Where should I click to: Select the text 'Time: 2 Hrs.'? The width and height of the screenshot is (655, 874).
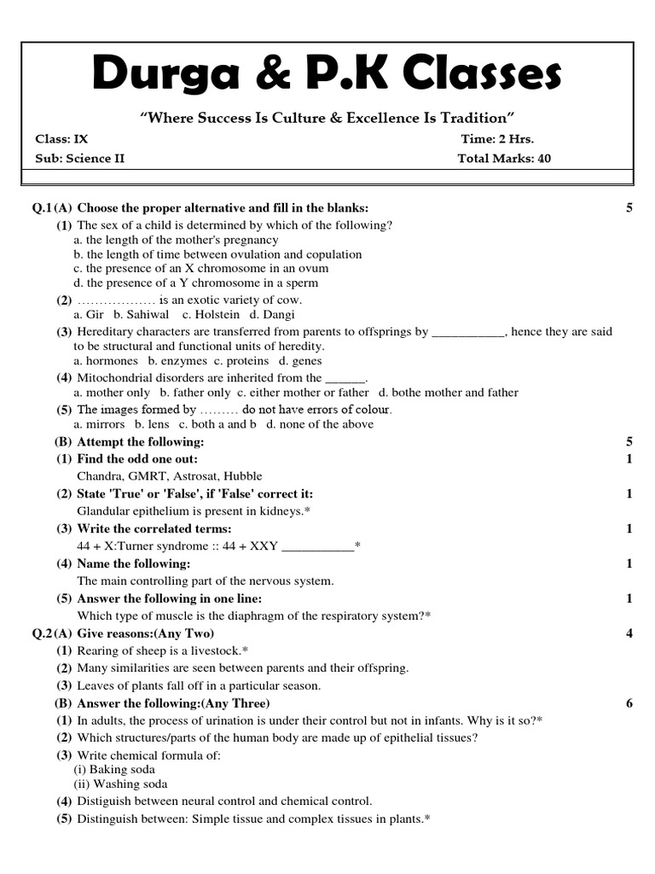click(x=497, y=139)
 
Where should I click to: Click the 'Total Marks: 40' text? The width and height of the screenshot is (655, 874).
click(x=504, y=158)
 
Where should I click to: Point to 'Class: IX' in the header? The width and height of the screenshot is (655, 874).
click(x=61, y=139)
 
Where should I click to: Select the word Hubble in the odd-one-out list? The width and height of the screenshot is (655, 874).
click(x=242, y=476)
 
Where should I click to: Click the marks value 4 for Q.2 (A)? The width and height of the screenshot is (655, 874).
click(x=629, y=633)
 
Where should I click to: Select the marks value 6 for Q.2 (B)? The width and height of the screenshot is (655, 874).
click(x=629, y=703)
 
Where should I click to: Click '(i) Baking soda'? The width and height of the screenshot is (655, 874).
click(x=113, y=770)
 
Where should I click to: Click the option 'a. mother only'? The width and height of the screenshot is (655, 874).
click(x=112, y=393)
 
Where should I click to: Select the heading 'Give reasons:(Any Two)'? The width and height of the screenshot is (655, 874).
click(x=146, y=633)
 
